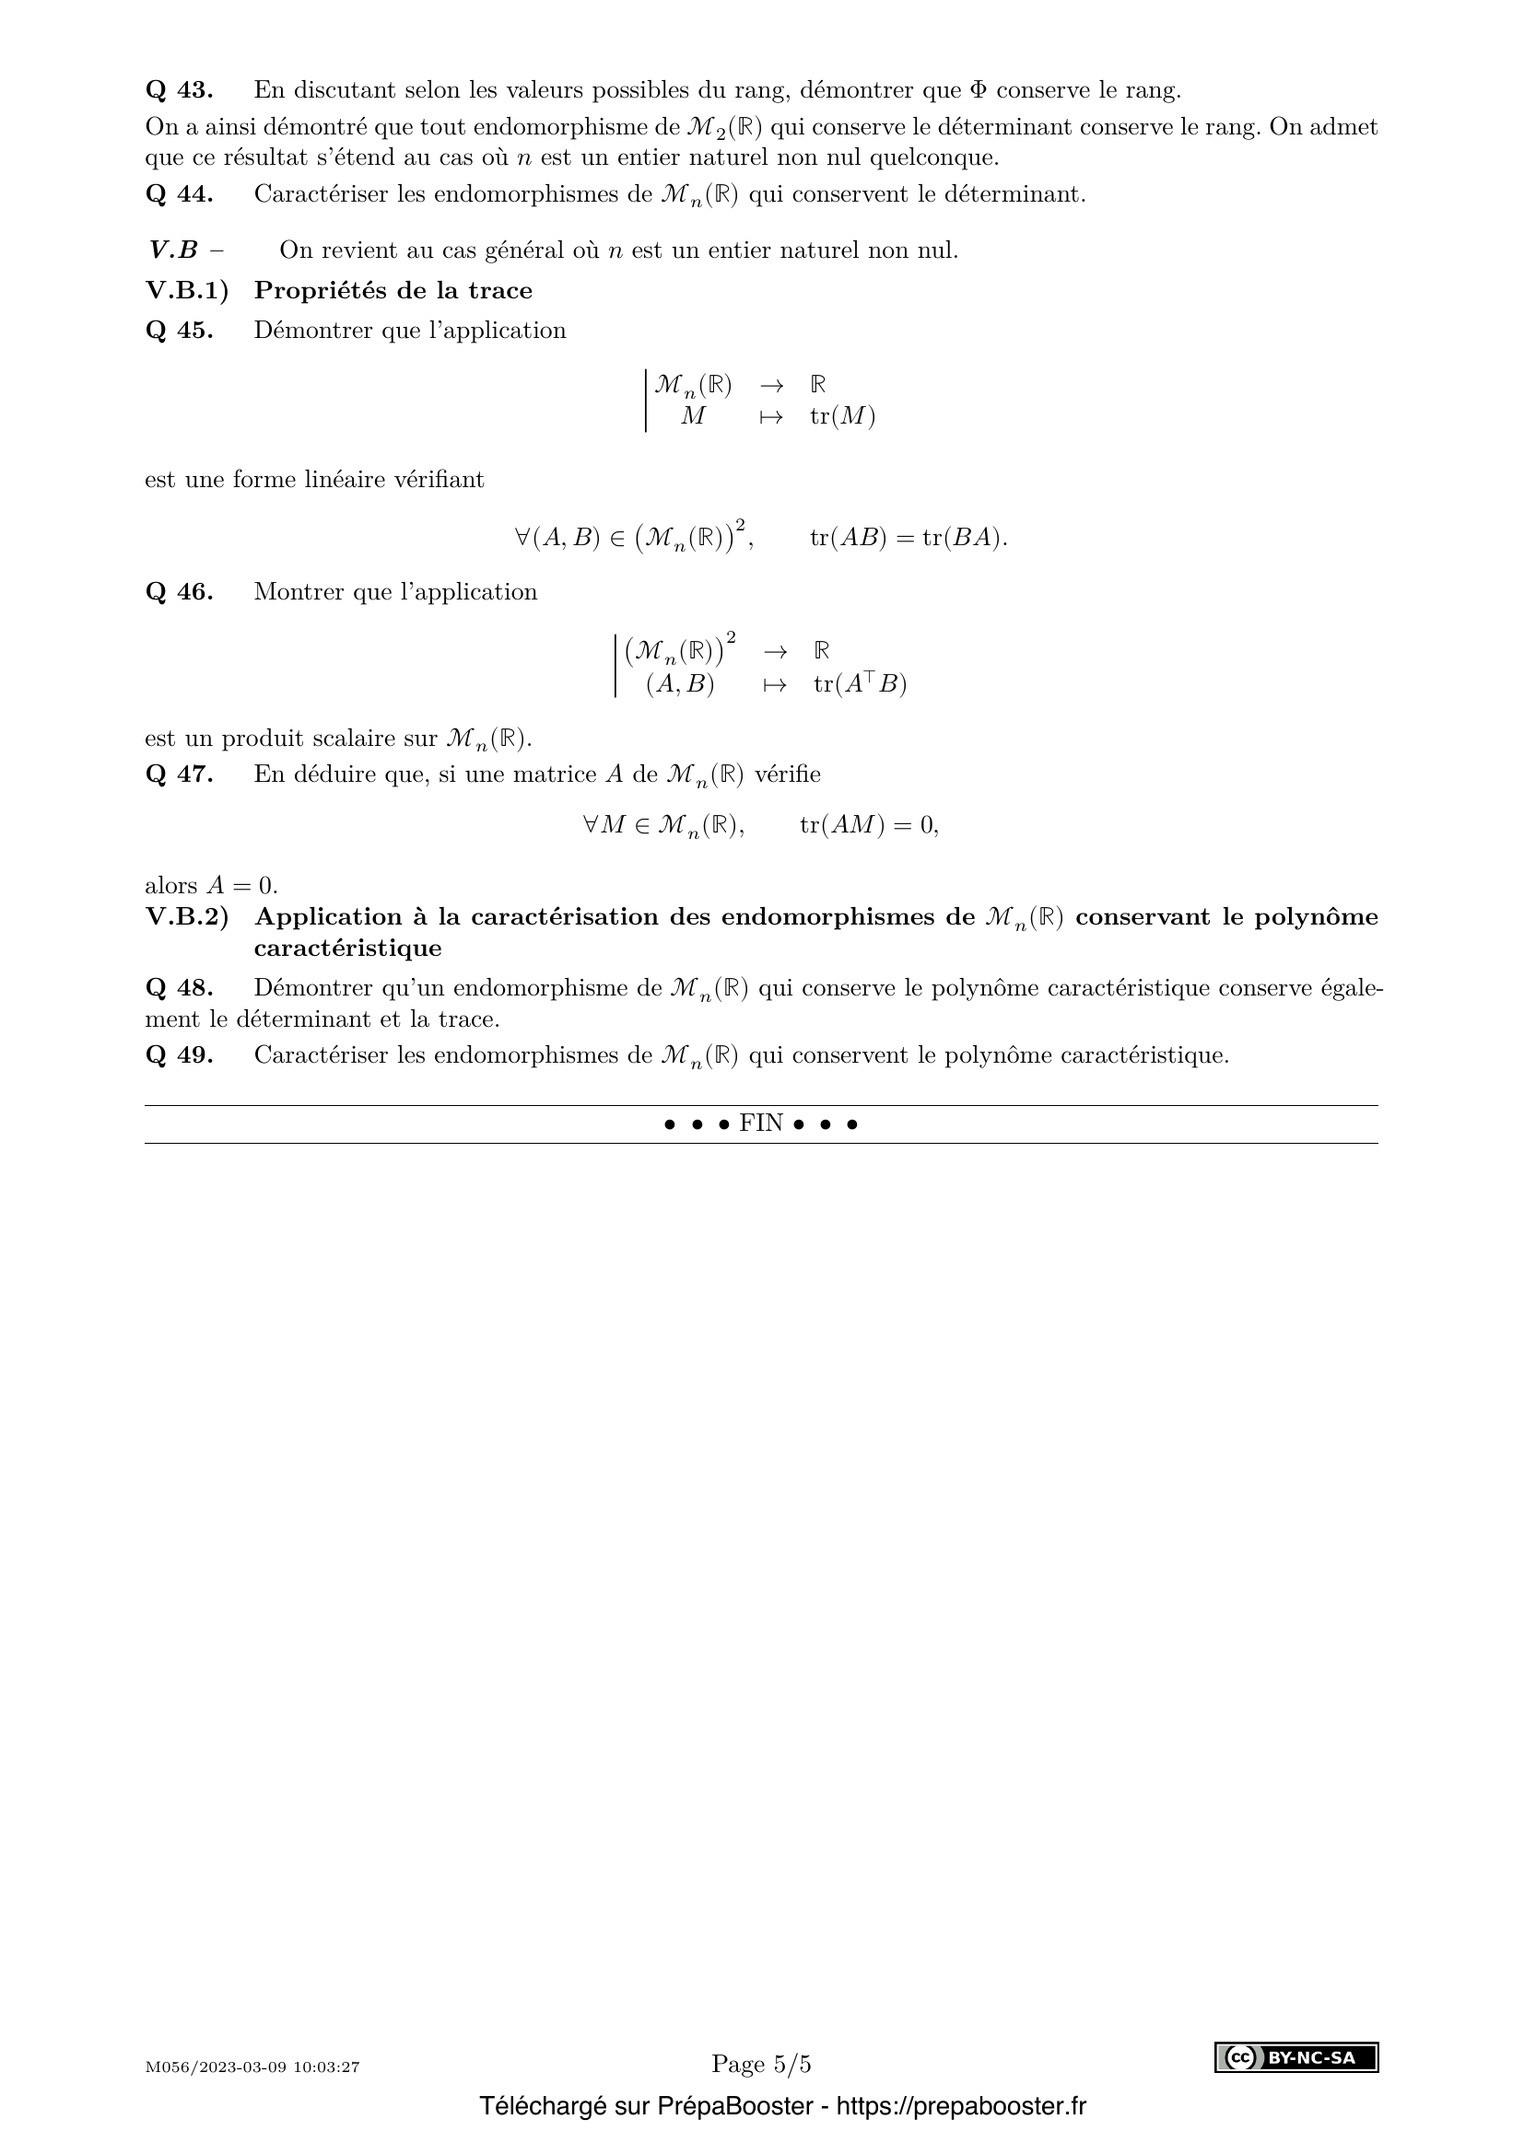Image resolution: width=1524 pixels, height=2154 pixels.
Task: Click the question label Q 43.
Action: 180,90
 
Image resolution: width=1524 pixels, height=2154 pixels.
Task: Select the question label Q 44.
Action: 180,194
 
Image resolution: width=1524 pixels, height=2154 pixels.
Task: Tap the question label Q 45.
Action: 180,331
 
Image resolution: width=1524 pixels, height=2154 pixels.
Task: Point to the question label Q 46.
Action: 180,592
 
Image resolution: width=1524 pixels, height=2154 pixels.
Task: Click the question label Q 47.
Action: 180,774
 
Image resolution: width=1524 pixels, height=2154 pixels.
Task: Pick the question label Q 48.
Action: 180,988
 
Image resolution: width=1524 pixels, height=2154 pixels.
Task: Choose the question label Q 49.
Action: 180,1055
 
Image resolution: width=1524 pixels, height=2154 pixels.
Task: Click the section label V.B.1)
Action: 187,291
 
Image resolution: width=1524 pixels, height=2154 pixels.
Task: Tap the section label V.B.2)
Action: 187,916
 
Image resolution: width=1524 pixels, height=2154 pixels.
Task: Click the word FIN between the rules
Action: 761,1123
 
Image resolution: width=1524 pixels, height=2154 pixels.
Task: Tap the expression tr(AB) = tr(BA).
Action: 908,538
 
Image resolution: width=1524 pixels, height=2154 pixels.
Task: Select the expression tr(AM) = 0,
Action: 869,824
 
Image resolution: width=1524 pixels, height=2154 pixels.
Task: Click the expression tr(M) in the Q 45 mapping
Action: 843,416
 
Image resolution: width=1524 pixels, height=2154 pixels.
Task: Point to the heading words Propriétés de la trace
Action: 393,291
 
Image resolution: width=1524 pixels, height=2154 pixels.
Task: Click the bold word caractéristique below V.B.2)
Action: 347,948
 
